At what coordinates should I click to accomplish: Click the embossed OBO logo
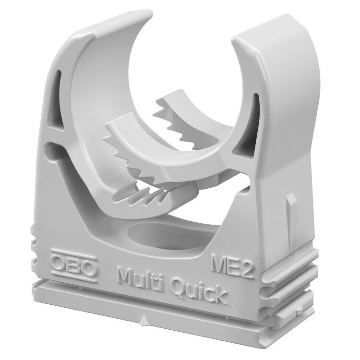[74, 265]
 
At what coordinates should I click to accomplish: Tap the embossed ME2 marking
[233, 266]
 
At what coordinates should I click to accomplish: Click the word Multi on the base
[141, 279]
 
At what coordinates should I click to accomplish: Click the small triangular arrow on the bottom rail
[144, 320]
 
